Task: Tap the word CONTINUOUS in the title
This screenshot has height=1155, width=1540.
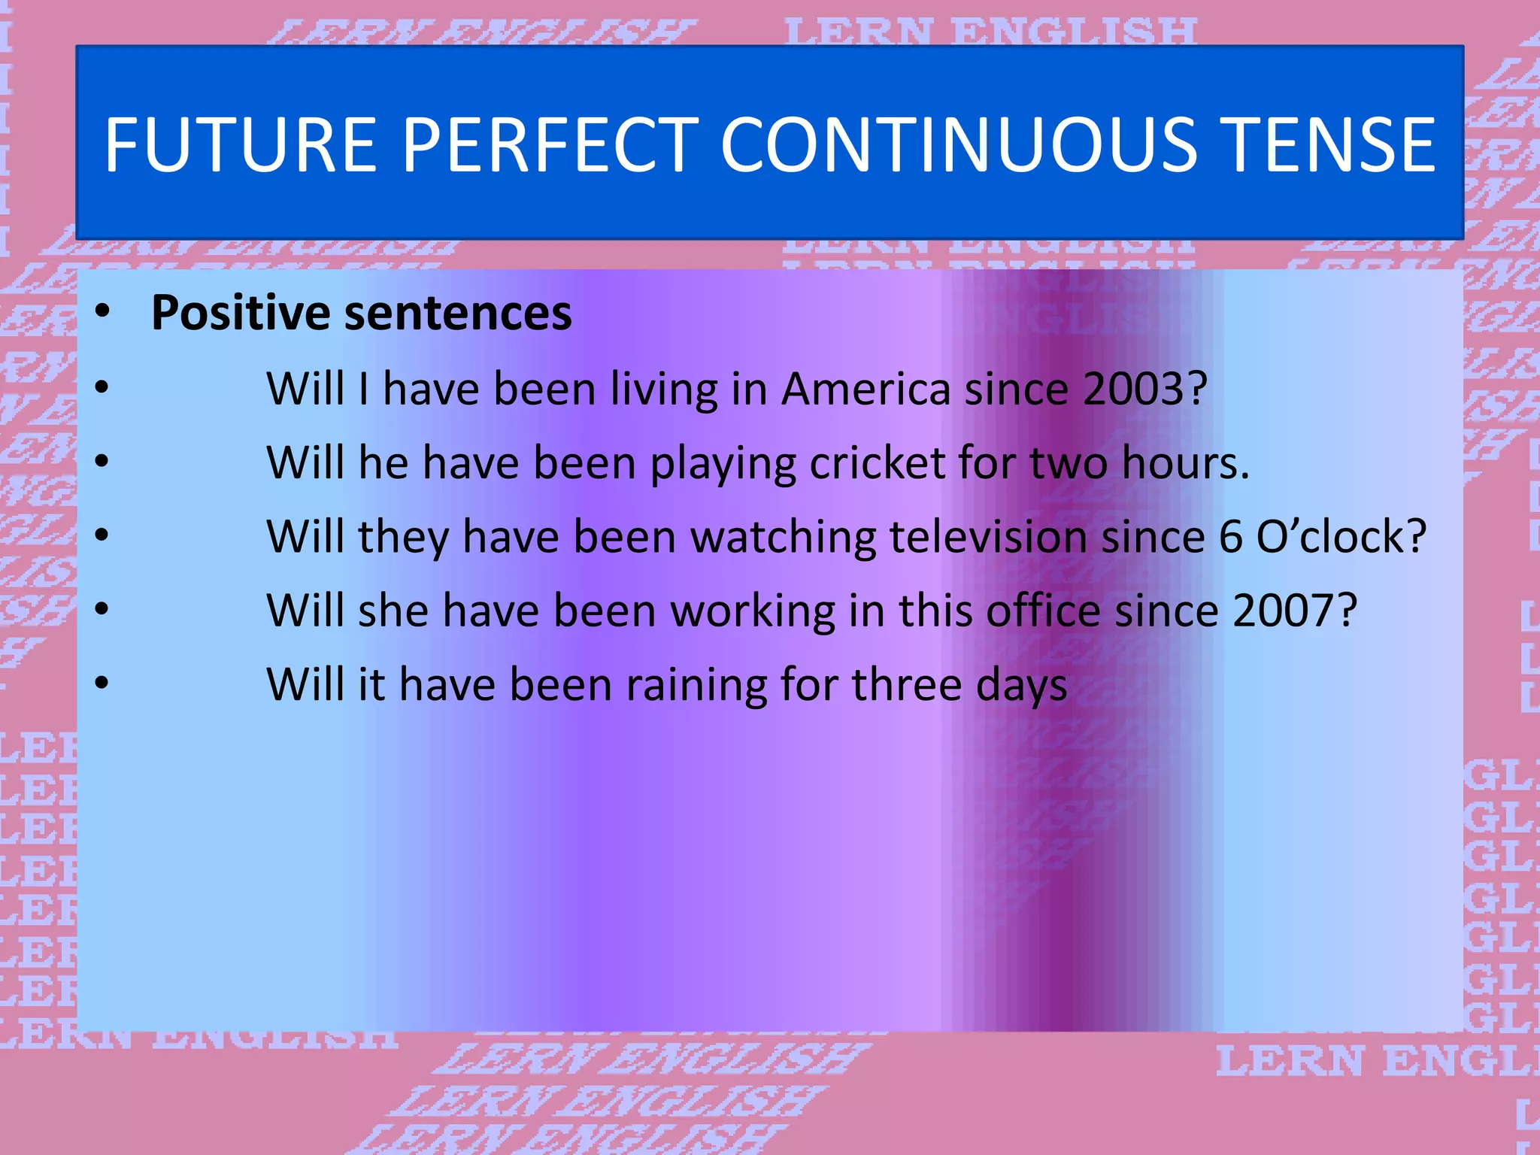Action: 959,144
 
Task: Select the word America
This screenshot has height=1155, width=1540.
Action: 865,390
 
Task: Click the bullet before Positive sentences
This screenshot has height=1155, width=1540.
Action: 102,311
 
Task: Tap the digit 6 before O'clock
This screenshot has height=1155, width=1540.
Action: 1231,537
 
